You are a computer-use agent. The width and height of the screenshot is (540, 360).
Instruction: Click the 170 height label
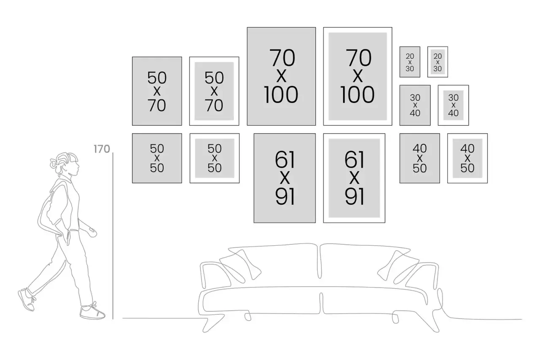(x=102, y=149)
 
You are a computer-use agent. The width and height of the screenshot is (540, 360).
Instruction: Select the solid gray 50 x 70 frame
(x=157, y=91)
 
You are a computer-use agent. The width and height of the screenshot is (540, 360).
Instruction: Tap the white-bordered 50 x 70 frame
(x=214, y=91)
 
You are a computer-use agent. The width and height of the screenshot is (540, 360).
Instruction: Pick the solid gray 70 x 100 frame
(x=281, y=76)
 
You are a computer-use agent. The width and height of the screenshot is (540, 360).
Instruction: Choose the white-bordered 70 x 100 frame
(x=358, y=76)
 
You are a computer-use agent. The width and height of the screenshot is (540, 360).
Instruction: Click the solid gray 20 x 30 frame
(x=410, y=62)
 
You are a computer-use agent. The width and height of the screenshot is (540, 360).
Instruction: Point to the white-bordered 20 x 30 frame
(x=437, y=62)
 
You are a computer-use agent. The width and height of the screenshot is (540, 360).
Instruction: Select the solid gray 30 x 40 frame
(x=415, y=105)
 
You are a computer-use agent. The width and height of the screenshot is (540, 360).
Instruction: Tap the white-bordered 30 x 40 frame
(x=453, y=105)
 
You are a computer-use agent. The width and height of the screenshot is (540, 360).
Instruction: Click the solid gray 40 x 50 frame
(x=420, y=158)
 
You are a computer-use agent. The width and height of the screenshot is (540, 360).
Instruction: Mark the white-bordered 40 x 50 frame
(x=467, y=158)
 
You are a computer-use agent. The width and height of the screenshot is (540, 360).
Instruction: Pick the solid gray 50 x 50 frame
(x=157, y=158)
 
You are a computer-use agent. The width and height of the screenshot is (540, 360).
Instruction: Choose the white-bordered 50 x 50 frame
(x=214, y=158)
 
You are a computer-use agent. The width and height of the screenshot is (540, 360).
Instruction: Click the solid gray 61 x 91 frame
(x=285, y=178)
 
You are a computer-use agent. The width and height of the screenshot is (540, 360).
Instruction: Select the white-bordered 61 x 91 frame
(x=354, y=178)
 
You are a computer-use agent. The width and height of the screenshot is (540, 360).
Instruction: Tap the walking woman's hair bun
(x=54, y=162)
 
